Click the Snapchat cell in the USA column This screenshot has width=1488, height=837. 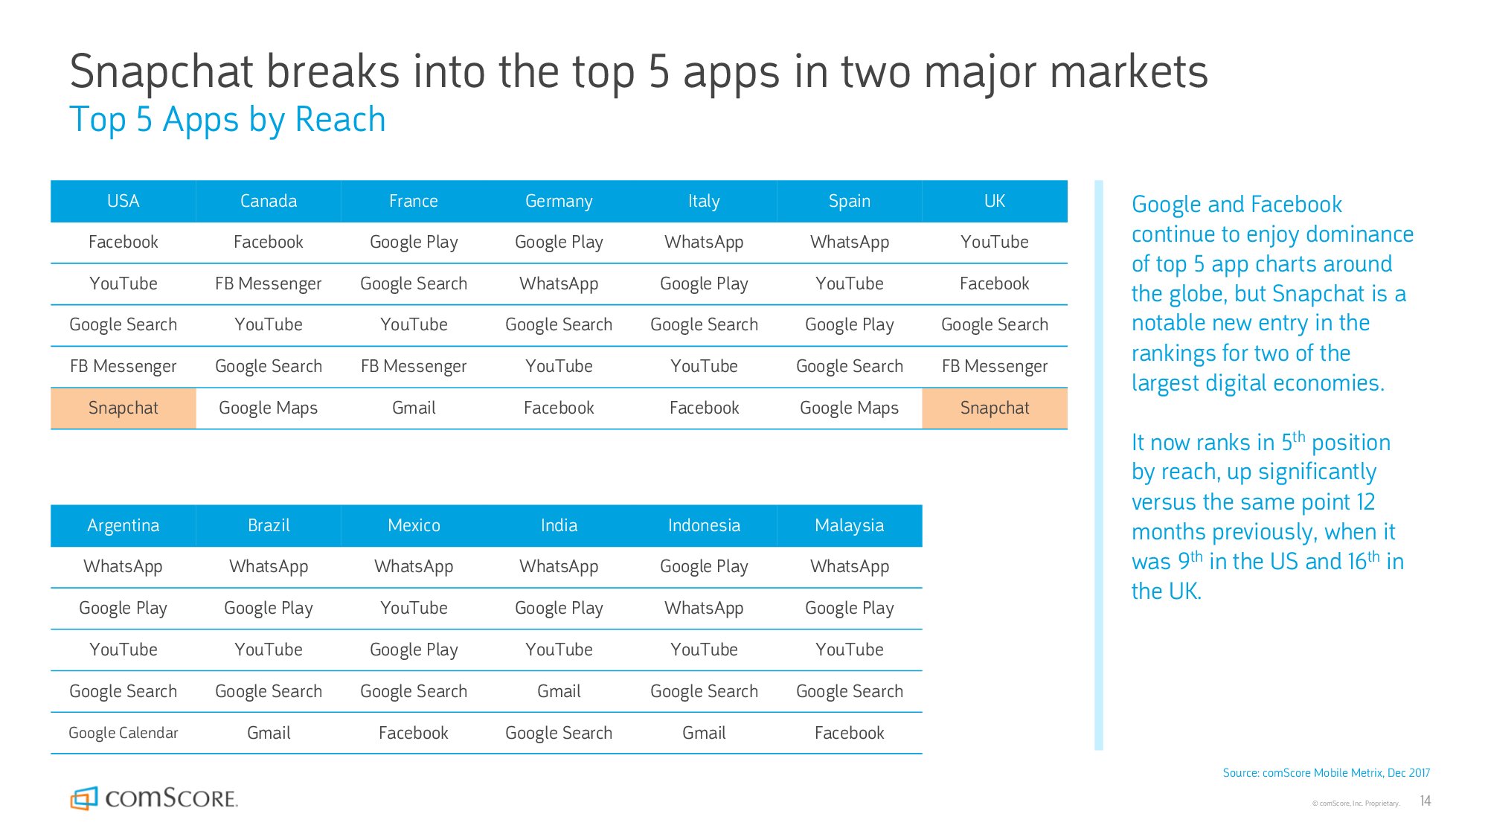(124, 408)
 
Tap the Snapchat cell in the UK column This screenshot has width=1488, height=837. (995, 408)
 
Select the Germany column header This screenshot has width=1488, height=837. (559, 201)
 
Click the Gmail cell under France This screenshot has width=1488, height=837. (414, 408)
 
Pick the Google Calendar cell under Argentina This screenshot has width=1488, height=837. (124, 733)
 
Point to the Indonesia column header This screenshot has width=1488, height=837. (704, 525)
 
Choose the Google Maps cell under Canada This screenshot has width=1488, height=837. (269, 408)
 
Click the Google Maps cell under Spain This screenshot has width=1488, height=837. (850, 408)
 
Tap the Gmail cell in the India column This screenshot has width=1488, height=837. (559, 691)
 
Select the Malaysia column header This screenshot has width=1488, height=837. (850, 525)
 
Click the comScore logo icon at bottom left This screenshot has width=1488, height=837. (84, 798)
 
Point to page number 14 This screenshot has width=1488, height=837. (1426, 801)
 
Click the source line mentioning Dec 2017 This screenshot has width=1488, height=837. (1327, 773)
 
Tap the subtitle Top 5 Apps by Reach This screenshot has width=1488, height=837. (228, 120)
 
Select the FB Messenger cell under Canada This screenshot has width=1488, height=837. (269, 283)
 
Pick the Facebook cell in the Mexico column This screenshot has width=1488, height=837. (414, 733)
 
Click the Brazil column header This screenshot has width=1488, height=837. (269, 525)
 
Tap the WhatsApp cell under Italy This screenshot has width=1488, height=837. (704, 242)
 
